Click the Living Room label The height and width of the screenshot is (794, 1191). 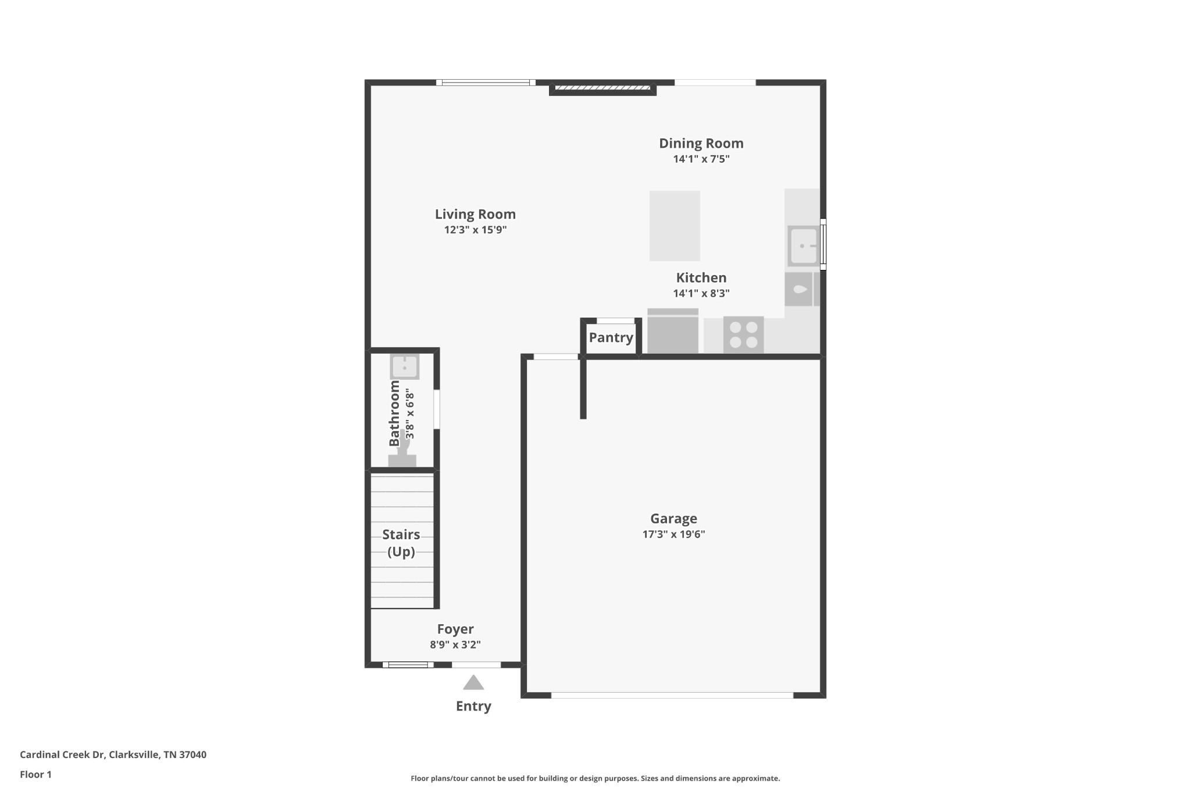[x=475, y=214]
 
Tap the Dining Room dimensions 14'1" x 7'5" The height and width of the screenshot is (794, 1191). [x=701, y=159]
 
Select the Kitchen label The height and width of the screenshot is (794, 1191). [x=701, y=277]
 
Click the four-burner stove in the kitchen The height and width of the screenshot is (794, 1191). [x=743, y=334]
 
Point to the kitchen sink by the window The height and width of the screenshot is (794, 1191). [x=803, y=246]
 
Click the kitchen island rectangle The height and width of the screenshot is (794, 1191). [x=675, y=226]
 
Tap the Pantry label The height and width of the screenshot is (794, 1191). [x=611, y=337]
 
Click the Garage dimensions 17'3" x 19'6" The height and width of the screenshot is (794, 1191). [x=673, y=534]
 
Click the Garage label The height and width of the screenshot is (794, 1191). [x=673, y=518]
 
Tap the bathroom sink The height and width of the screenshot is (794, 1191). [x=404, y=366]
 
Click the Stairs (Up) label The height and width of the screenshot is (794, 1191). [x=401, y=543]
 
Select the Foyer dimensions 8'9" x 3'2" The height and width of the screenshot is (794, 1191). [x=455, y=645]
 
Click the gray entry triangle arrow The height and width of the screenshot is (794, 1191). [x=473, y=683]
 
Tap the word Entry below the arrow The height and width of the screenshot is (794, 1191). [x=473, y=706]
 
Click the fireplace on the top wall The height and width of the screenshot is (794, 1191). [x=602, y=88]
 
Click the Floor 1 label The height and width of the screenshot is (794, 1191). [x=35, y=774]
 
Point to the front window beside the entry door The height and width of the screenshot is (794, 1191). [x=408, y=665]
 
